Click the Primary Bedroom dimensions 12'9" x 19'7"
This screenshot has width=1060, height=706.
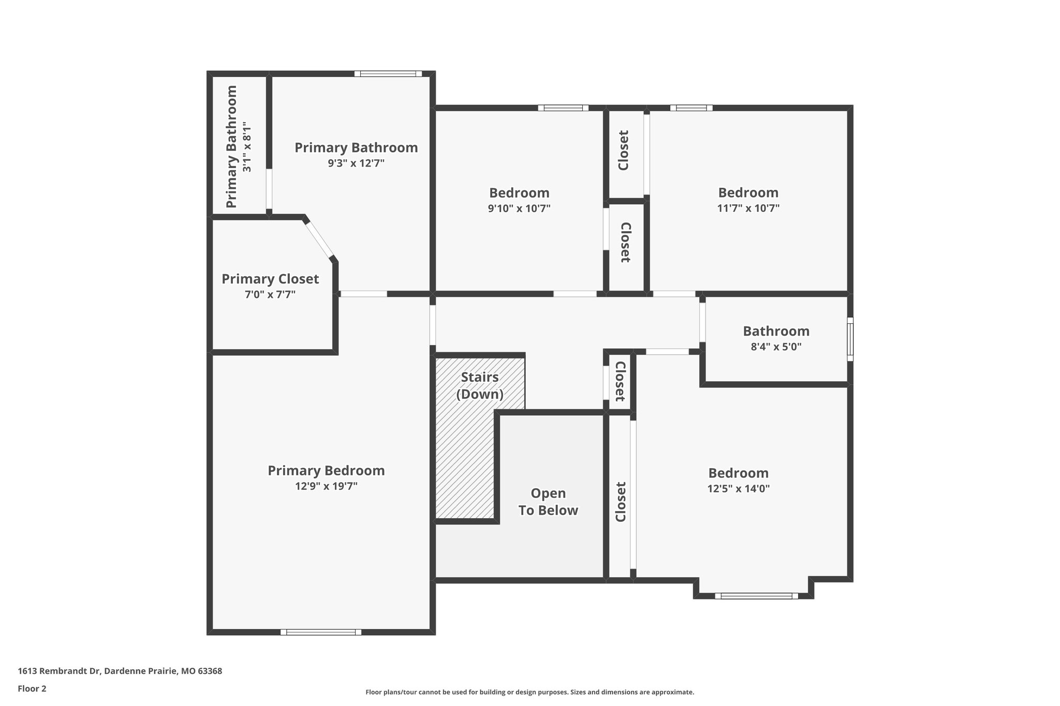tap(326, 486)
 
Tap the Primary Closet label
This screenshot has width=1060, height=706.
tap(270, 279)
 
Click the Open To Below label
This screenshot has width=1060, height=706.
tap(548, 502)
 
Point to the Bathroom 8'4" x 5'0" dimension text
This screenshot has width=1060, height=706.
tap(776, 347)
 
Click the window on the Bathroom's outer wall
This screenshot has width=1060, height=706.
tap(850, 339)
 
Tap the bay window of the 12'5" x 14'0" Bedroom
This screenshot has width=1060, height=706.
tap(756, 596)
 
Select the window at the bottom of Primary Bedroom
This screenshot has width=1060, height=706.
tap(321, 632)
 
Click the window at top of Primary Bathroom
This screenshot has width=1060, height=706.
tap(388, 74)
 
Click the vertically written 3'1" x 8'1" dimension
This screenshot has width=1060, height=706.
tap(247, 147)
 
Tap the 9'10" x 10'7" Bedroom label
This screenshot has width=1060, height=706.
tap(519, 193)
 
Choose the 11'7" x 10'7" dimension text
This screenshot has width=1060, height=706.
tap(748, 208)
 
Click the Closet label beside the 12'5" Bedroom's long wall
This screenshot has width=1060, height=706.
tap(621, 502)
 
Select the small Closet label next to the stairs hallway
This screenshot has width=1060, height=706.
tap(620, 382)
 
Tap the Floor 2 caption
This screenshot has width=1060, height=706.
tap(32, 688)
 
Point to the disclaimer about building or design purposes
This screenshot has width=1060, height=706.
tap(529, 692)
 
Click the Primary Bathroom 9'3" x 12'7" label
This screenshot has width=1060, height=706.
tap(356, 148)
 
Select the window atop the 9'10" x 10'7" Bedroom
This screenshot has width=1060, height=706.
tap(563, 108)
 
